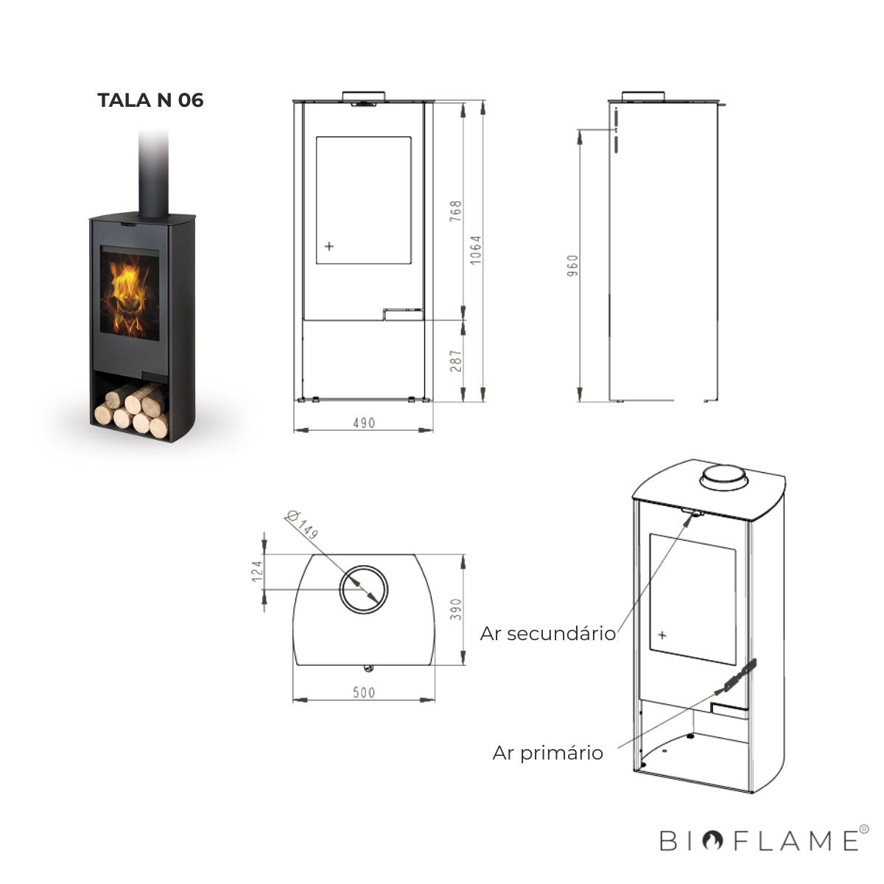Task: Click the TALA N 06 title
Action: click(150, 100)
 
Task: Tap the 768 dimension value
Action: click(455, 211)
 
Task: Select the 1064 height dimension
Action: click(476, 250)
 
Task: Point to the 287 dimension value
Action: click(455, 360)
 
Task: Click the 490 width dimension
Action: click(364, 423)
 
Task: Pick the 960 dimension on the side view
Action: click(572, 266)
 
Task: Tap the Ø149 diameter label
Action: click(301, 524)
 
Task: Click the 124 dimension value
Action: click(257, 571)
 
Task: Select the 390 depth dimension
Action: click(455, 609)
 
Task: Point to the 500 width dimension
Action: click(364, 692)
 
